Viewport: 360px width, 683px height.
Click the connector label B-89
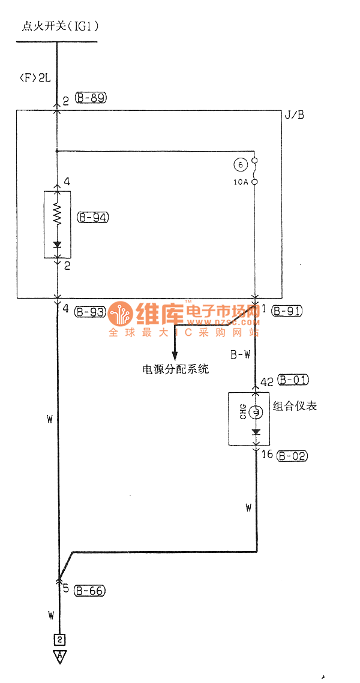91,98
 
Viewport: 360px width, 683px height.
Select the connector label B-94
93,217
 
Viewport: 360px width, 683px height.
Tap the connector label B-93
89,311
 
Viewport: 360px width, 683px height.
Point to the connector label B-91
287,311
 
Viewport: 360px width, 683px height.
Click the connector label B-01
293,380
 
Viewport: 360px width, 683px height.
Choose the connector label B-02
293,456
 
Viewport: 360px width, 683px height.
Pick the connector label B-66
90,591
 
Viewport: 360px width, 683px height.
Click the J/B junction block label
294,115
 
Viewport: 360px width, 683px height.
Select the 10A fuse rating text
241,181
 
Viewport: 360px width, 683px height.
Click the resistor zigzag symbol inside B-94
58,212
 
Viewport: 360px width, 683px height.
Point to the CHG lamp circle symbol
256,412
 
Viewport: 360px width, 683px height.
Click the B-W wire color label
241,354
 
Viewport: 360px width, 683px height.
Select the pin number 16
268,455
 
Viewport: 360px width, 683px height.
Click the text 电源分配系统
175,369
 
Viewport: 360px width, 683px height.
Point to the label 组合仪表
295,406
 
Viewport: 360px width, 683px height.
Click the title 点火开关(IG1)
60,26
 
